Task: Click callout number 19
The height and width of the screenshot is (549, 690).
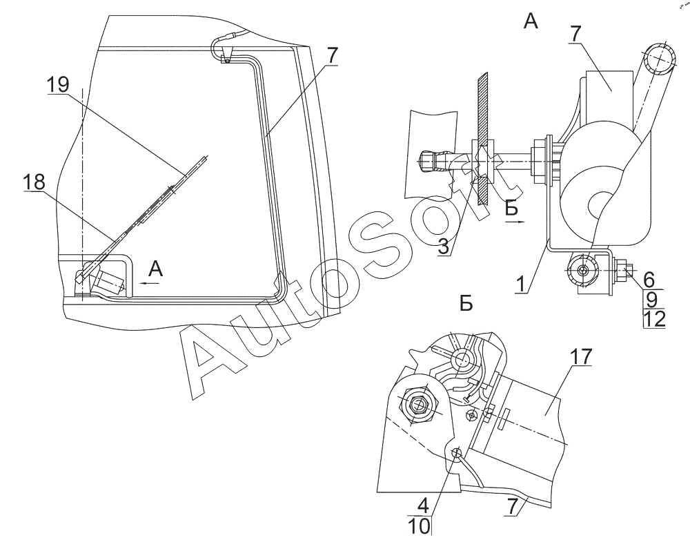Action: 58,84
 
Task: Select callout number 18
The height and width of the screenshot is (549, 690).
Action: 34,181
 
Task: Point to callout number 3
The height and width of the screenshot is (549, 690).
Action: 444,247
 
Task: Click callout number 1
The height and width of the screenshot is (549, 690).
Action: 520,285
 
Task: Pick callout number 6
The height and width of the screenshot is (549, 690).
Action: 649,280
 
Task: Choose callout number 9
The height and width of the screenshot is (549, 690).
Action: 652,300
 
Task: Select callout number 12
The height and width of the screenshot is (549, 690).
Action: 654,319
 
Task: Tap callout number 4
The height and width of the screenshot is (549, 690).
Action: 423,506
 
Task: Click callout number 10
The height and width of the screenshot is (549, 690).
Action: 420,526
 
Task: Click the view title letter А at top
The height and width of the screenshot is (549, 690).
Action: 531,21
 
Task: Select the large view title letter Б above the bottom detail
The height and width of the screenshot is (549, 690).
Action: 466,304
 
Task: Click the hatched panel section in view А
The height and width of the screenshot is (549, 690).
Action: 482,138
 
